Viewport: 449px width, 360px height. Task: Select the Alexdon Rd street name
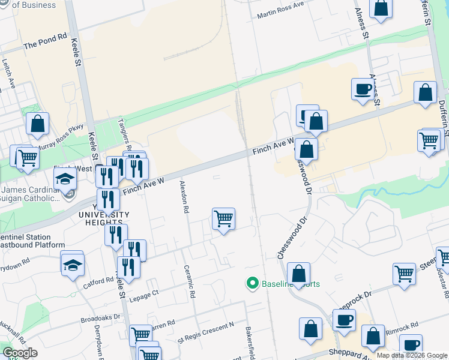click(184, 199)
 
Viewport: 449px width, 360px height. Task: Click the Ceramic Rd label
click(190, 283)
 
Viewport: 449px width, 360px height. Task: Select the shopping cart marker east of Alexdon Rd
click(223, 219)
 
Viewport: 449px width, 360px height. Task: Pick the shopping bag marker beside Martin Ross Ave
click(381, 8)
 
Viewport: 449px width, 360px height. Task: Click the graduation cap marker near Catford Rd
click(73, 265)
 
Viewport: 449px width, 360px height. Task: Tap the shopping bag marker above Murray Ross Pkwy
click(38, 124)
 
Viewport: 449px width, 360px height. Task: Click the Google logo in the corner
click(20, 353)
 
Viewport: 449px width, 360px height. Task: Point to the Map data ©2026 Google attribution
click(411, 355)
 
